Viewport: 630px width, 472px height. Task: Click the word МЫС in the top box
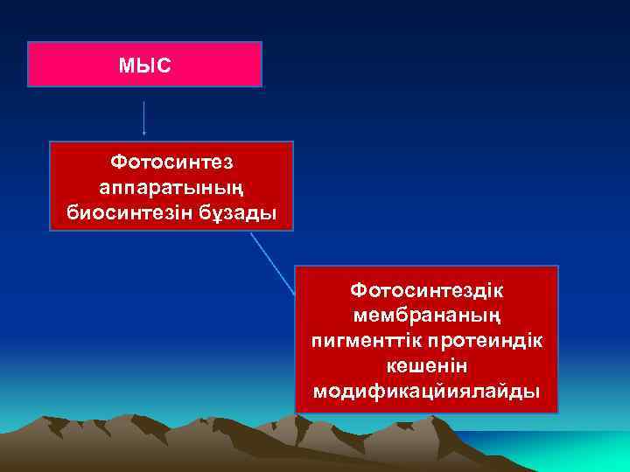tap(144, 66)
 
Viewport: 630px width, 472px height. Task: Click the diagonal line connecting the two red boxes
tap(273, 263)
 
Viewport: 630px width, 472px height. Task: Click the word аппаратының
tap(171, 188)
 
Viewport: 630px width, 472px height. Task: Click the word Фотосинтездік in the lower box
tap(427, 288)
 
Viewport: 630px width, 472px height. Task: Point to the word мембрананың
tap(427, 313)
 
